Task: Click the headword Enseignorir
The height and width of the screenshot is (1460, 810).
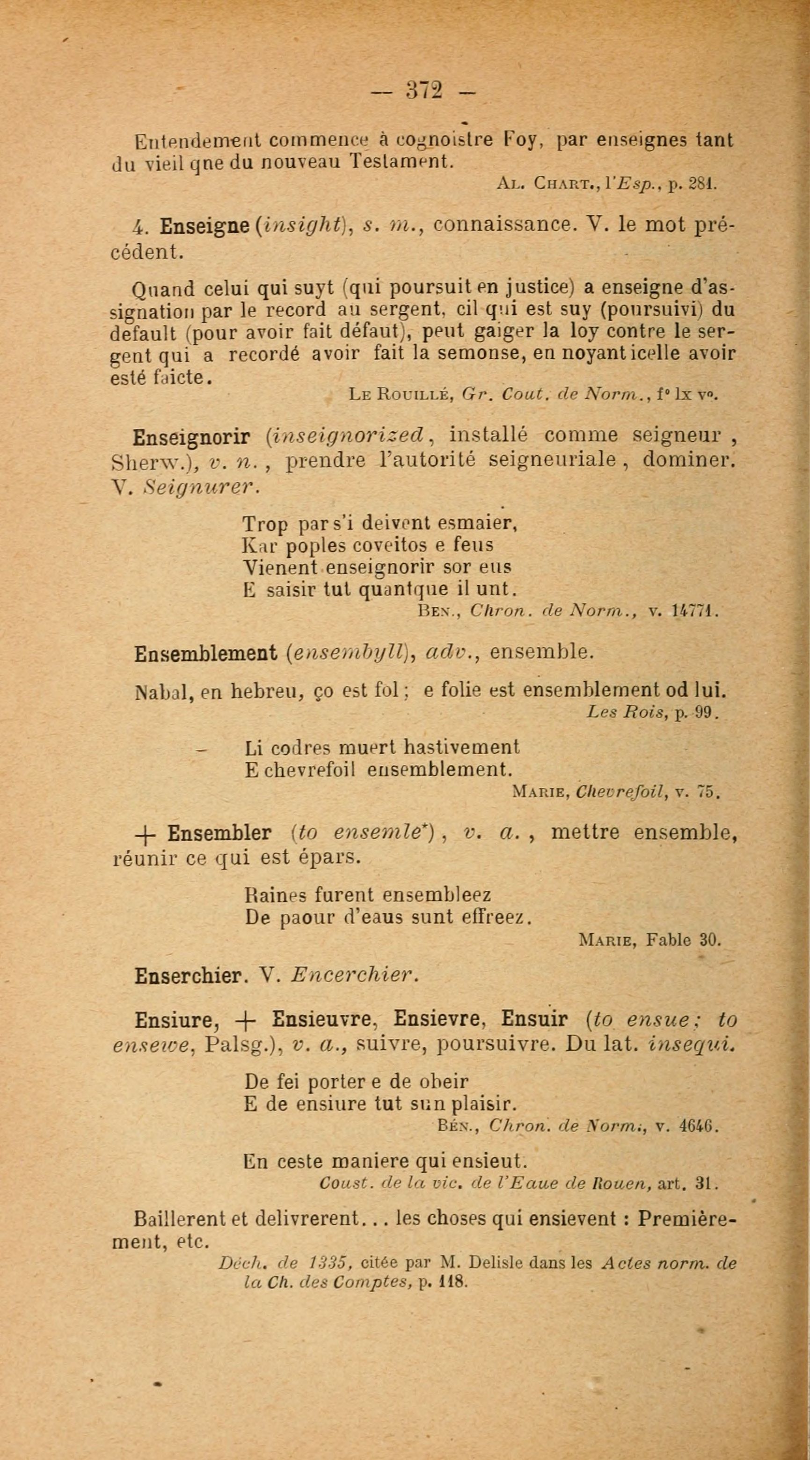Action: [x=191, y=437]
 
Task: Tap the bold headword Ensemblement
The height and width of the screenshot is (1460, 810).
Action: [x=206, y=654]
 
